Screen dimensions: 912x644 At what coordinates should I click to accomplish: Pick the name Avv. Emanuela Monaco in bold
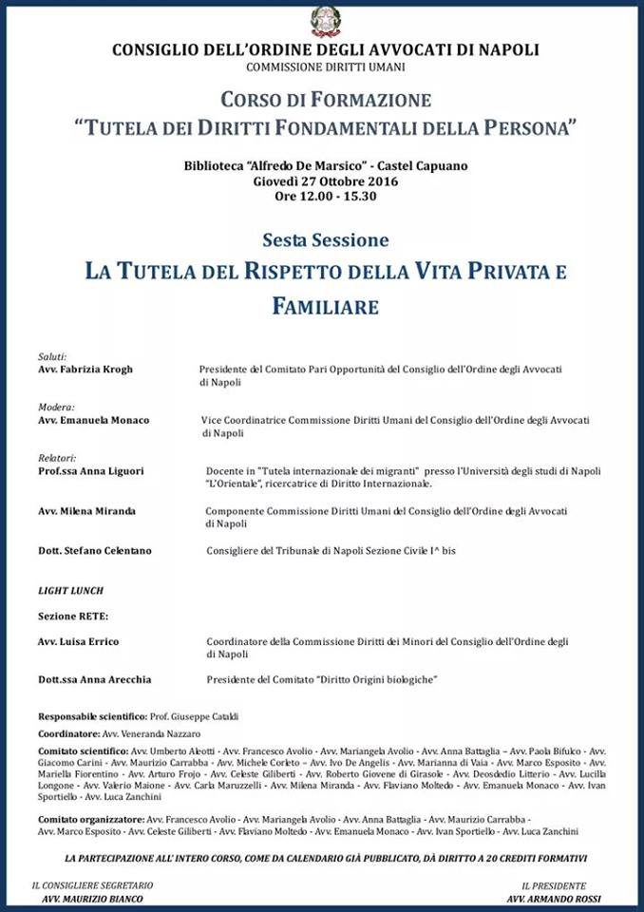93,419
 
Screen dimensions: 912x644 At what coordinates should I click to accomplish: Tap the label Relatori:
57,458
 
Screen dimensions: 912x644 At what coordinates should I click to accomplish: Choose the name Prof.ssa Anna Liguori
91,470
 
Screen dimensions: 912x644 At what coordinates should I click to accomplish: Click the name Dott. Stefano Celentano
94,550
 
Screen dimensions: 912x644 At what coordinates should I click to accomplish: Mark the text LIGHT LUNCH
70,590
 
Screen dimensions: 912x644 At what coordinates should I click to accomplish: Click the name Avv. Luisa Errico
78,641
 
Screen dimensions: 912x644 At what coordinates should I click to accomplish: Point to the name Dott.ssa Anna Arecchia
94,679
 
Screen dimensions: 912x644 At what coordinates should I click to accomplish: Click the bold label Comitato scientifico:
83,750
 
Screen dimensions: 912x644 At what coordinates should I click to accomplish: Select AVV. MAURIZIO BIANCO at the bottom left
92,898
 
